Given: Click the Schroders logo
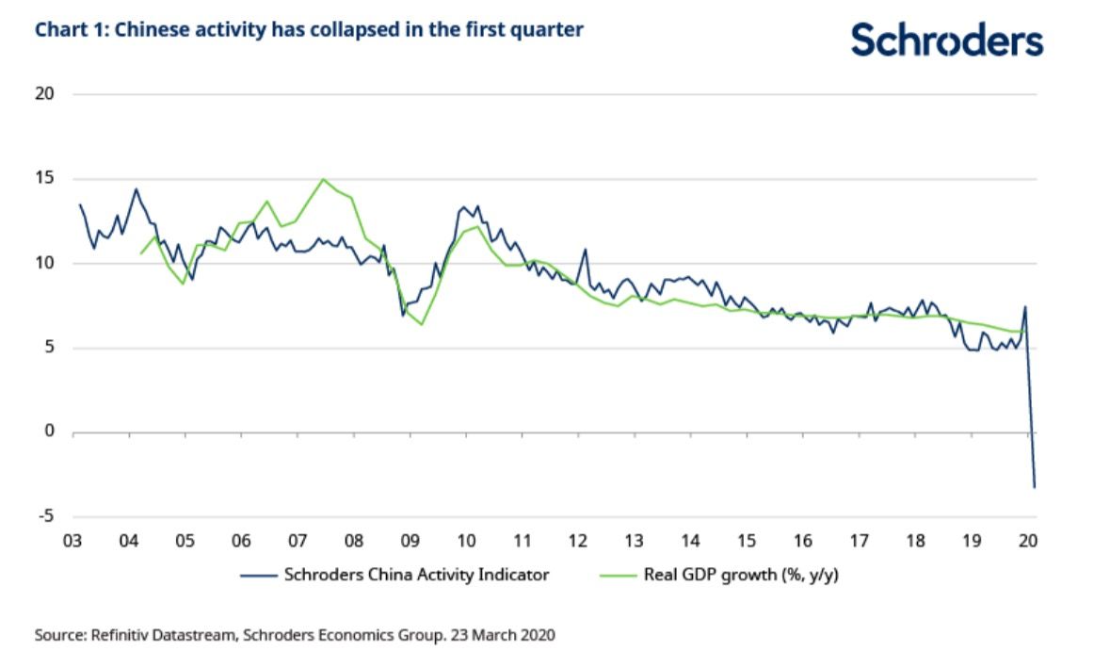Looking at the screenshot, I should pos(947,41).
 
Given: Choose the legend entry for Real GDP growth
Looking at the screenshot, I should pos(741,574).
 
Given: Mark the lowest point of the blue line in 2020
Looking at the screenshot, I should pos(1035,487).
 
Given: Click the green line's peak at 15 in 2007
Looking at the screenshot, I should pos(324,179).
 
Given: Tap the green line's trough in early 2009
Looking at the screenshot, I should pos(423,325).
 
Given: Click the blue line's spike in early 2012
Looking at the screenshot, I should pos(586,250).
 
